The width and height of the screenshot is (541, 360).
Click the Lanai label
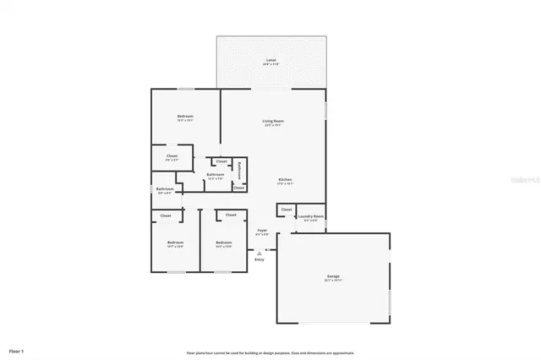[x=270, y=61]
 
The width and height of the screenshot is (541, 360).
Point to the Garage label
[x=333, y=276]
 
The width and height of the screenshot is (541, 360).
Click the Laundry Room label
[x=311, y=216]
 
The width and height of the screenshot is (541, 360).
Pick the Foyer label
[x=262, y=231]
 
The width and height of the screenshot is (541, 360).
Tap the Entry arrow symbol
[x=260, y=250]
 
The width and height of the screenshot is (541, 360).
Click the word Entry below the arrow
[x=259, y=259]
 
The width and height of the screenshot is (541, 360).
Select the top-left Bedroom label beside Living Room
[x=185, y=117]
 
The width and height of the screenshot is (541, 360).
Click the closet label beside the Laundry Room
[x=287, y=210]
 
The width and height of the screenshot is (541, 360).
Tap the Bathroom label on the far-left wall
[x=165, y=189]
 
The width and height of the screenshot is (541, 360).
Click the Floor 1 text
[x=17, y=349]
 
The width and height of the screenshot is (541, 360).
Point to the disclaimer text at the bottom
[x=270, y=352]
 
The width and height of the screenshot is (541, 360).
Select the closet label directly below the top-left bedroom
[x=172, y=156]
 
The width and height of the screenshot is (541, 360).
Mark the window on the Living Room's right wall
[x=326, y=110]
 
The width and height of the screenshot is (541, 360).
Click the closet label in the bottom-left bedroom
[x=166, y=215]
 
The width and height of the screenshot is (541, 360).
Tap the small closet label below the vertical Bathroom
[x=239, y=188]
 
